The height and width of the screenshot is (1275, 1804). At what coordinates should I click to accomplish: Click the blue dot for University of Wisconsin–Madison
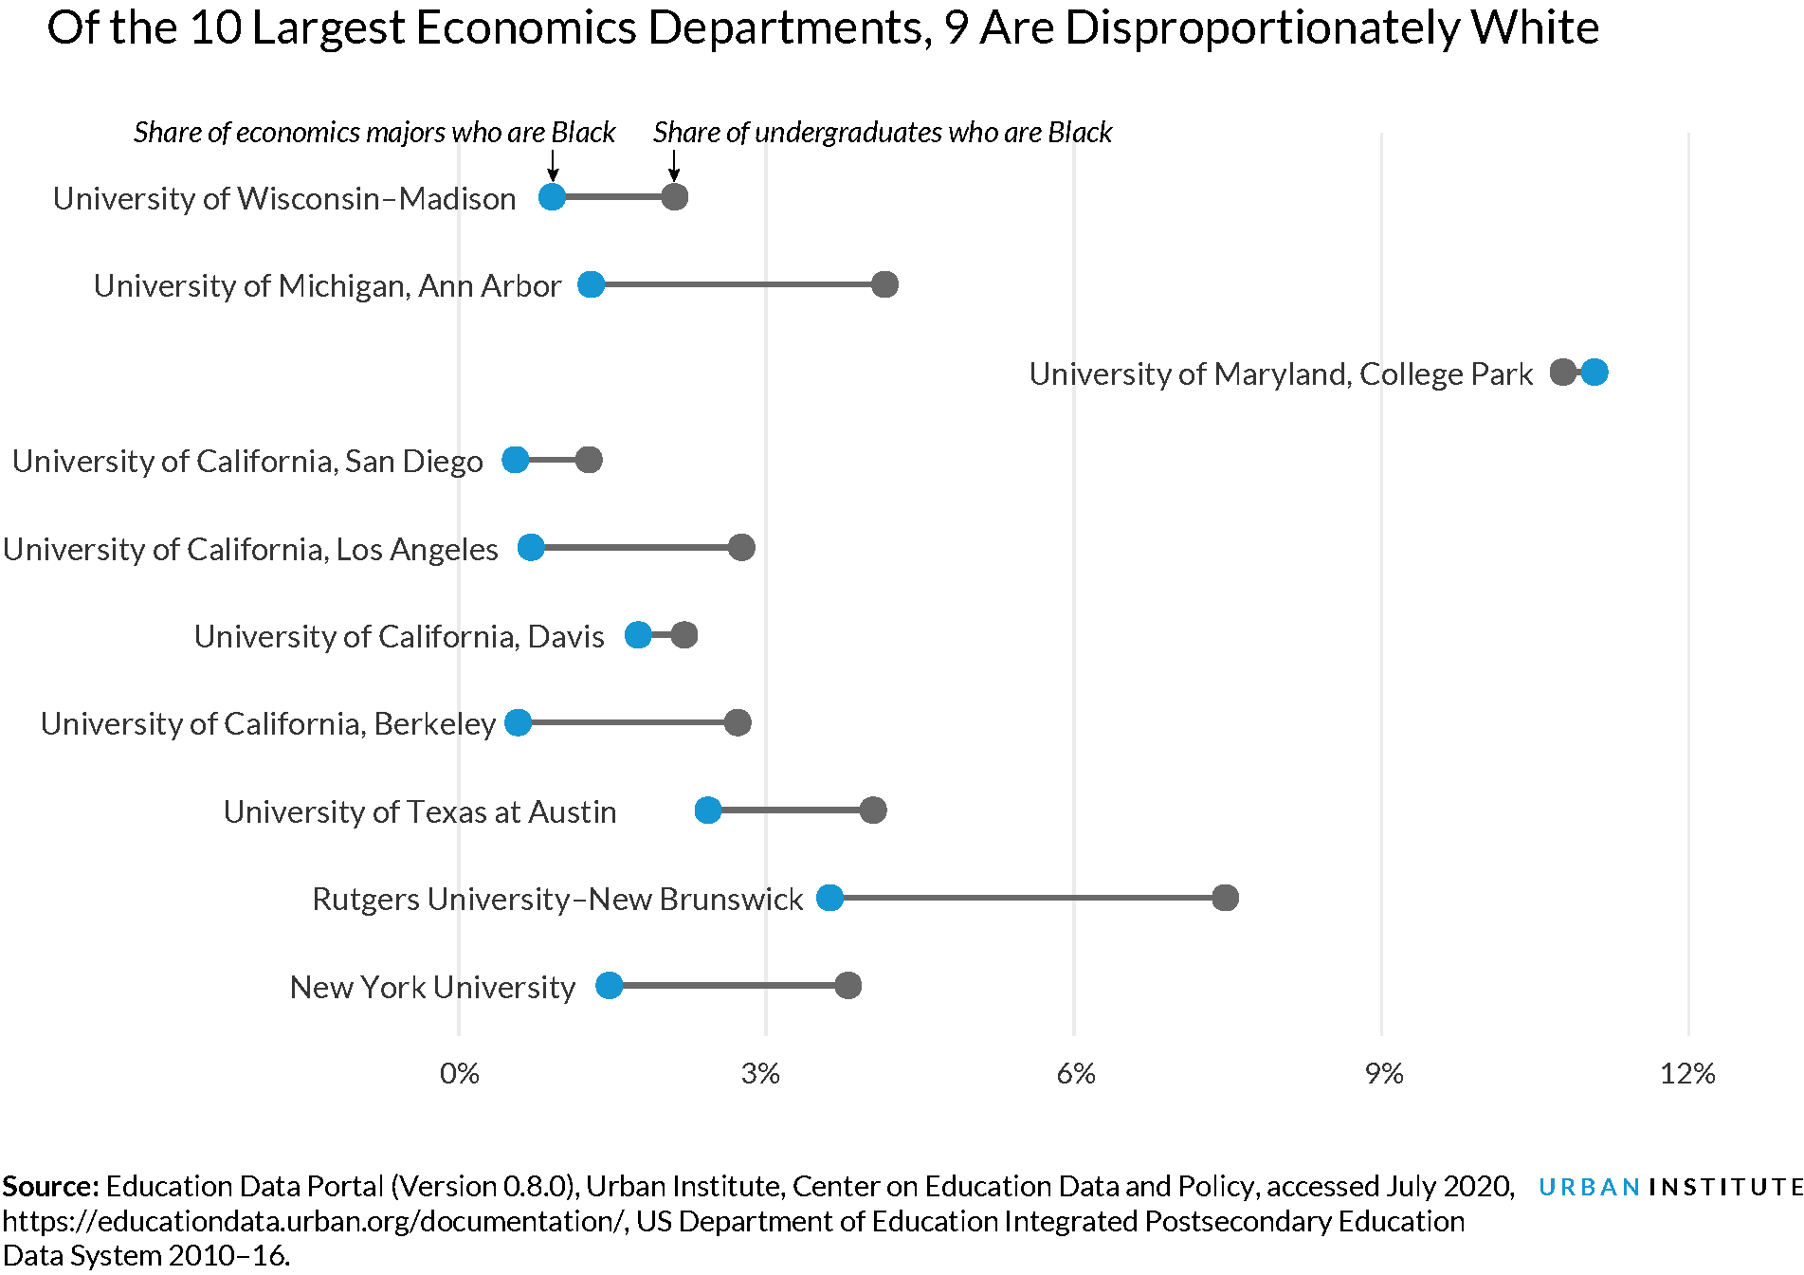click(552, 197)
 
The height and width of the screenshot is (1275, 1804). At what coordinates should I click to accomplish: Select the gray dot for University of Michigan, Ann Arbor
click(884, 284)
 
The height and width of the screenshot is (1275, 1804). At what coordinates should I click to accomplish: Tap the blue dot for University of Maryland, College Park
click(1594, 373)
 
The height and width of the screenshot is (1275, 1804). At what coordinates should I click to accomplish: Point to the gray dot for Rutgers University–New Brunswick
click(1225, 898)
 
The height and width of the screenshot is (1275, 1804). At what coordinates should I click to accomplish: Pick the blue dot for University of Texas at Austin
click(708, 811)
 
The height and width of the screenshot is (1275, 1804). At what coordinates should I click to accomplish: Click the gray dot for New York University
click(847, 986)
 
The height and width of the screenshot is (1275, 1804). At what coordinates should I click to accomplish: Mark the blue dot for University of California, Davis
click(638, 635)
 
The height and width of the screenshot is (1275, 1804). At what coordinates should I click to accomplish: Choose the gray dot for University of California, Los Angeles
click(741, 547)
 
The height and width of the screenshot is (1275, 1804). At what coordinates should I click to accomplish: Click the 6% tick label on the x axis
click(1075, 1074)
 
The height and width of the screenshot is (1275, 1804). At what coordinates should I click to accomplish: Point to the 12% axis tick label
click(1687, 1074)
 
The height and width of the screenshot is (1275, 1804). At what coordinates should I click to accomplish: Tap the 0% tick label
click(460, 1074)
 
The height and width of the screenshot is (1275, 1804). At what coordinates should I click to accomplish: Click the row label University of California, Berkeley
click(268, 723)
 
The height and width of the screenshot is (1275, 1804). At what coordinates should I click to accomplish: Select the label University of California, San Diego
click(247, 461)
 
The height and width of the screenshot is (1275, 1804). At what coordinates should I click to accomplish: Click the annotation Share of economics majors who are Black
click(374, 133)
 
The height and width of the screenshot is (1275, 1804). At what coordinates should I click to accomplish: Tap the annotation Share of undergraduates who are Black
click(882, 133)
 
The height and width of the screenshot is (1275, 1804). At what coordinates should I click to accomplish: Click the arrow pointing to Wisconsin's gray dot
click(674, 167)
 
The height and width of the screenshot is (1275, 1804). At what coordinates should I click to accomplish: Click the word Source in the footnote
click(49, 1187)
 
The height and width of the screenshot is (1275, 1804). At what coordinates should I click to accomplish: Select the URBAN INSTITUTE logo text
click(1669, 1187)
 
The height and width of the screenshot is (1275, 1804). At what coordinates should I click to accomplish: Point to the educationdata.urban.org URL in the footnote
click(313, 1221)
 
